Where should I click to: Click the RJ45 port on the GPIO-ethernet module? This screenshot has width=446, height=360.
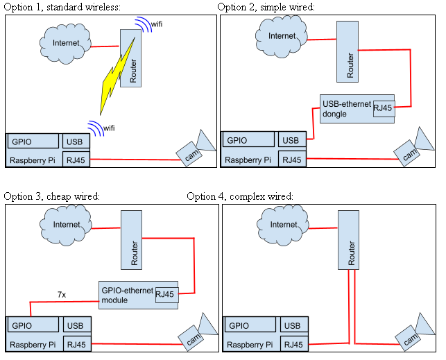(x=166, y=294)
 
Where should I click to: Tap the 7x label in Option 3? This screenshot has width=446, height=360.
(x=62, y=295)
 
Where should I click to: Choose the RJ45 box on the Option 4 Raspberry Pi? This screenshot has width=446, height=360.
(x=293, y=344)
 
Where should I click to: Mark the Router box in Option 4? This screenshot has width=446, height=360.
(x=351, y=239)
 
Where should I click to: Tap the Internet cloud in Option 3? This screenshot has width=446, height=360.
(x=67, y=225)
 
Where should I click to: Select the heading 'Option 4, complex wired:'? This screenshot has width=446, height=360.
(x=239, y=196)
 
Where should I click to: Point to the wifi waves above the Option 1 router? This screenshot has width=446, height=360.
(x=143, y=25)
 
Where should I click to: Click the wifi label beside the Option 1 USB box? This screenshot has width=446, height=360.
(x=109, y=128)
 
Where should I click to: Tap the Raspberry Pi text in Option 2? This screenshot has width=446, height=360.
(x=246, y=160)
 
